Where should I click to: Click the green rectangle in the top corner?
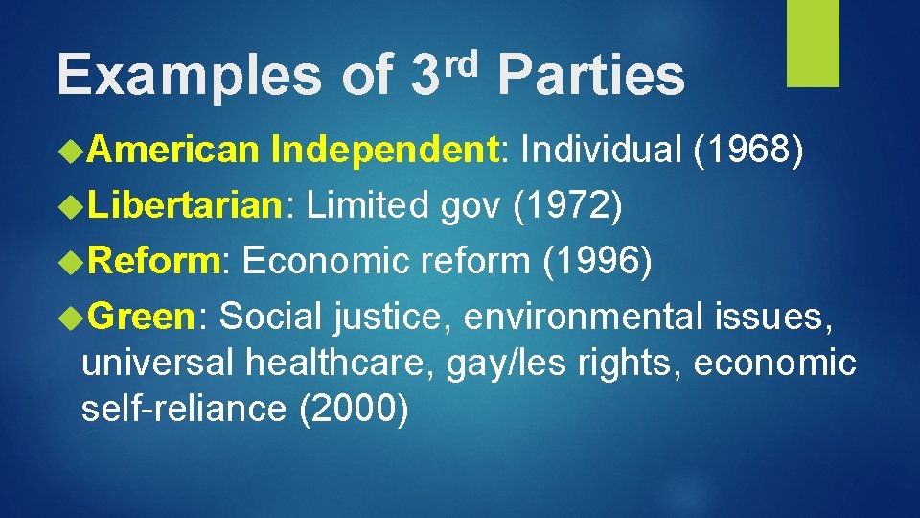[x=813, y=42]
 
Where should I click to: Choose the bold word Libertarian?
[x=182, y=205]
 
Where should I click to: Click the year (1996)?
[x=597, y=261]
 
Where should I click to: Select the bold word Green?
[x=145, y=316]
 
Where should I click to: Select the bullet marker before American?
[x=72, y=151]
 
